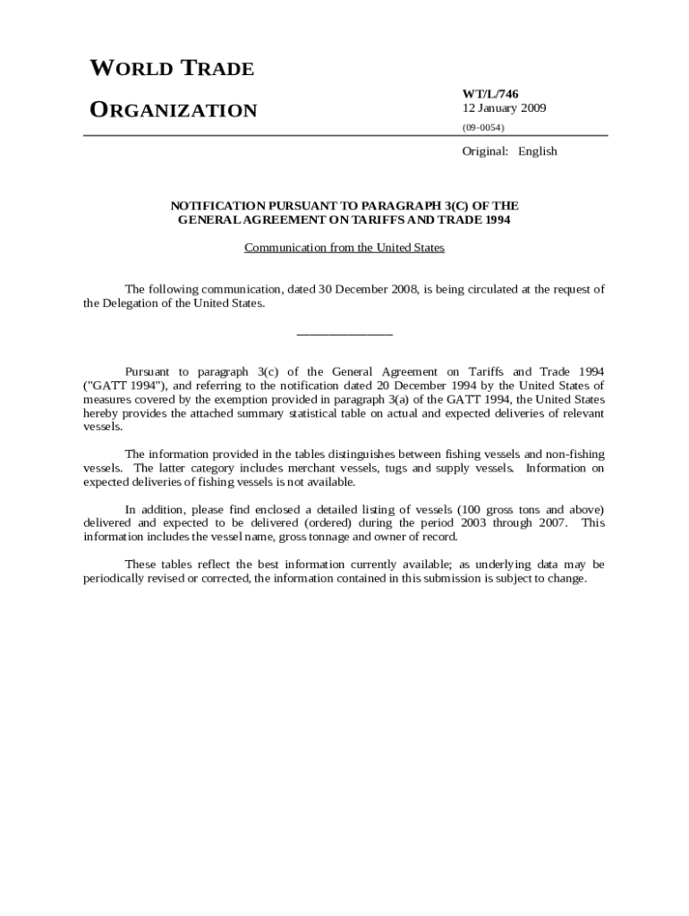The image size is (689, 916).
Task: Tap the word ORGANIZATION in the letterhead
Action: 174,111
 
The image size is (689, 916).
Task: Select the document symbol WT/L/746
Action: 490,94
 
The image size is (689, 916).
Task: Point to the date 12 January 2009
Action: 504,108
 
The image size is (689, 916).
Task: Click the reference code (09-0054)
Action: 483,128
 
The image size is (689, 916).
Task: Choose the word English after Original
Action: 537,151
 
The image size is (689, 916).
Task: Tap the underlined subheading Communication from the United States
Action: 344,248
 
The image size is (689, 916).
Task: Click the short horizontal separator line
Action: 344,335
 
